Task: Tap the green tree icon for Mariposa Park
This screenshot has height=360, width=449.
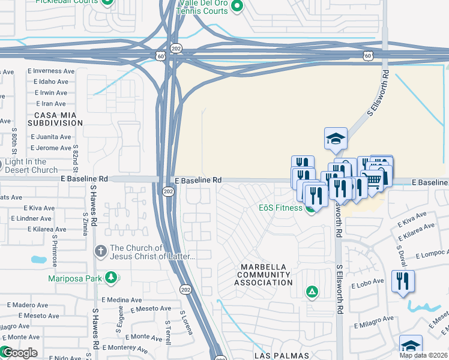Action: (110, 277)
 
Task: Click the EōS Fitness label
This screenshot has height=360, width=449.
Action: (280, 208)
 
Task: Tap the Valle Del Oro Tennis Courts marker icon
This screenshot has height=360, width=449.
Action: (237, 7)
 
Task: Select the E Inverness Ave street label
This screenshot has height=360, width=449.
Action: (51, 71)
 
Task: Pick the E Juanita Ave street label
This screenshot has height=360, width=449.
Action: (51, 136)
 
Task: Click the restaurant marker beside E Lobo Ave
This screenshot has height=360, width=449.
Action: (402, 280)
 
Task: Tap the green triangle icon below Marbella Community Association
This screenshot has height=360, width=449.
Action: (312, 292)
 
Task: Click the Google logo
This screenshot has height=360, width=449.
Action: (19, 353)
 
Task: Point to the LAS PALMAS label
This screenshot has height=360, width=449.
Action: (282, 356)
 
